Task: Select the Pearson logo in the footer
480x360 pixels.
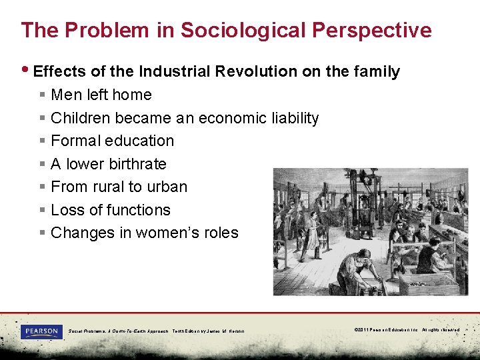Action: [41, 331]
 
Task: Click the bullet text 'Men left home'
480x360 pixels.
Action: [101, 95]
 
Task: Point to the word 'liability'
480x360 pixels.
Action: [295, 119]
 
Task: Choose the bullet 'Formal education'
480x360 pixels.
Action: [112, 141]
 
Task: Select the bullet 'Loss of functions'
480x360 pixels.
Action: [111, 210]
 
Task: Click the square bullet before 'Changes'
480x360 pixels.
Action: [42, 233]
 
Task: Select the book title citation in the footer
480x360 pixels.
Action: [157, 331]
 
